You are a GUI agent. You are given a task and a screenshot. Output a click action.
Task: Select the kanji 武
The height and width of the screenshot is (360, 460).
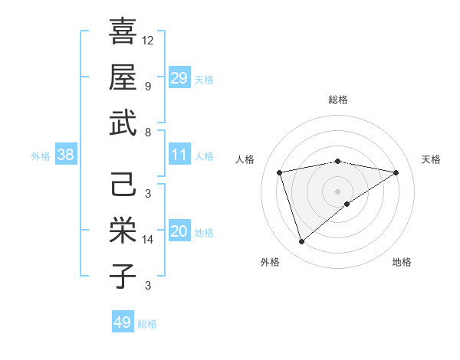coord(123,123)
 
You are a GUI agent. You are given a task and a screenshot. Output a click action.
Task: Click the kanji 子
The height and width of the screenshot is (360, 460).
coord(123,276)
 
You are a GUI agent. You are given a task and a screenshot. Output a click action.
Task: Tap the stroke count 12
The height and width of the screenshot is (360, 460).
coord(148,40)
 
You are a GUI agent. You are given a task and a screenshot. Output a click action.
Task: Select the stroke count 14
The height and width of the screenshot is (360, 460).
coord(148,240)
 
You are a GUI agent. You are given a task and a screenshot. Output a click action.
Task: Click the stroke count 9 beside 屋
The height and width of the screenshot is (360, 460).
coord(147,86)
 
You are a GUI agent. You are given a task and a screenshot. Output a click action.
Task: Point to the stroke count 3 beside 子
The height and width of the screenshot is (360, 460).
coord(147,286)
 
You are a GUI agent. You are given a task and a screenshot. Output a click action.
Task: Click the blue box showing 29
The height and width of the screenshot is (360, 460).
coord(179,78)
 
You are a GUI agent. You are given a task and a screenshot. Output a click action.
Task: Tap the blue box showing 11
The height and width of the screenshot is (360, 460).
coord(179,155)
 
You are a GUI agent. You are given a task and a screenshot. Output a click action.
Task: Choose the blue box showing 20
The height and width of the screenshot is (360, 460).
coord(179,232)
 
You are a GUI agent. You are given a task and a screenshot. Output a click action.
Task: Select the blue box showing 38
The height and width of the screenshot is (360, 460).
coord(65,155)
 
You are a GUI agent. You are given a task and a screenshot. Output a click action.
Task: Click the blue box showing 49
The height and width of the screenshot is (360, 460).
coord(123,322)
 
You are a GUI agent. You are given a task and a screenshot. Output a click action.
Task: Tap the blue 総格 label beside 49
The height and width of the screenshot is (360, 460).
coord(147,324)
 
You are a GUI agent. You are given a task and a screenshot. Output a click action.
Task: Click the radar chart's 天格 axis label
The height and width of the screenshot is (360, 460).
coord(431,159)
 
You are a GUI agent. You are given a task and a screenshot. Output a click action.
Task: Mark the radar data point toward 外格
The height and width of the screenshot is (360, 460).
coord(301,242)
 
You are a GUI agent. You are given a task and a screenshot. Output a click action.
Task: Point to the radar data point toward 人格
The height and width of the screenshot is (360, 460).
coord(280,172)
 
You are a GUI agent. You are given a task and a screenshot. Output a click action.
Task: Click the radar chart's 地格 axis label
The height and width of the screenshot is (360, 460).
coord(402,263)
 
